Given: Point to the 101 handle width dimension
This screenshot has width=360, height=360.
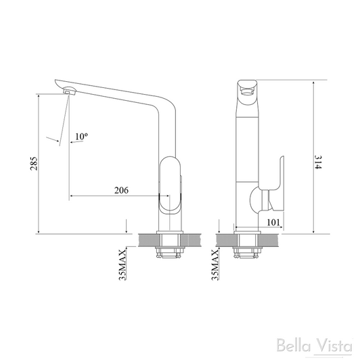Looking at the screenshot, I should tap(274, 220).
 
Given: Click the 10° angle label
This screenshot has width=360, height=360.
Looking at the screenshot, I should tap(81, 136).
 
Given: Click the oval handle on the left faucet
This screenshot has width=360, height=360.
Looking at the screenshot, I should tap(170, 183).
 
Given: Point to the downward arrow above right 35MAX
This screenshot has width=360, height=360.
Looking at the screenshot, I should tap(219, 227).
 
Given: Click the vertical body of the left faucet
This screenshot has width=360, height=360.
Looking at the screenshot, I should tap(166, 135).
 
